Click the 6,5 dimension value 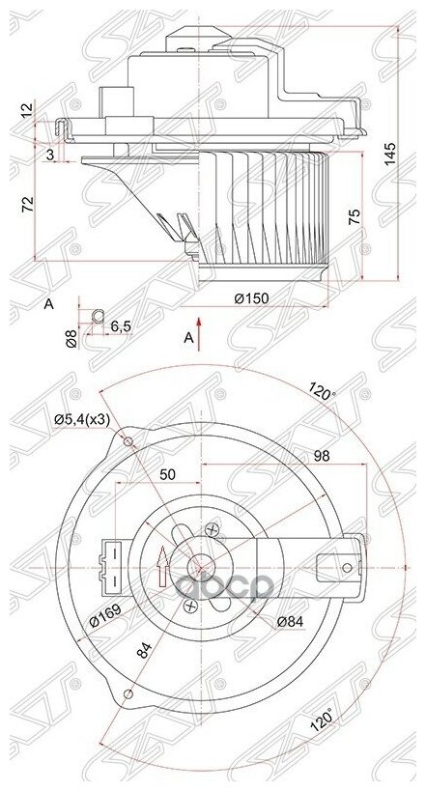point(121,326)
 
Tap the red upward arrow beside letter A point(199,327)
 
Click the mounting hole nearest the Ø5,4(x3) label point(130,442)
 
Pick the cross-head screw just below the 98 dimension point(214,527)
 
